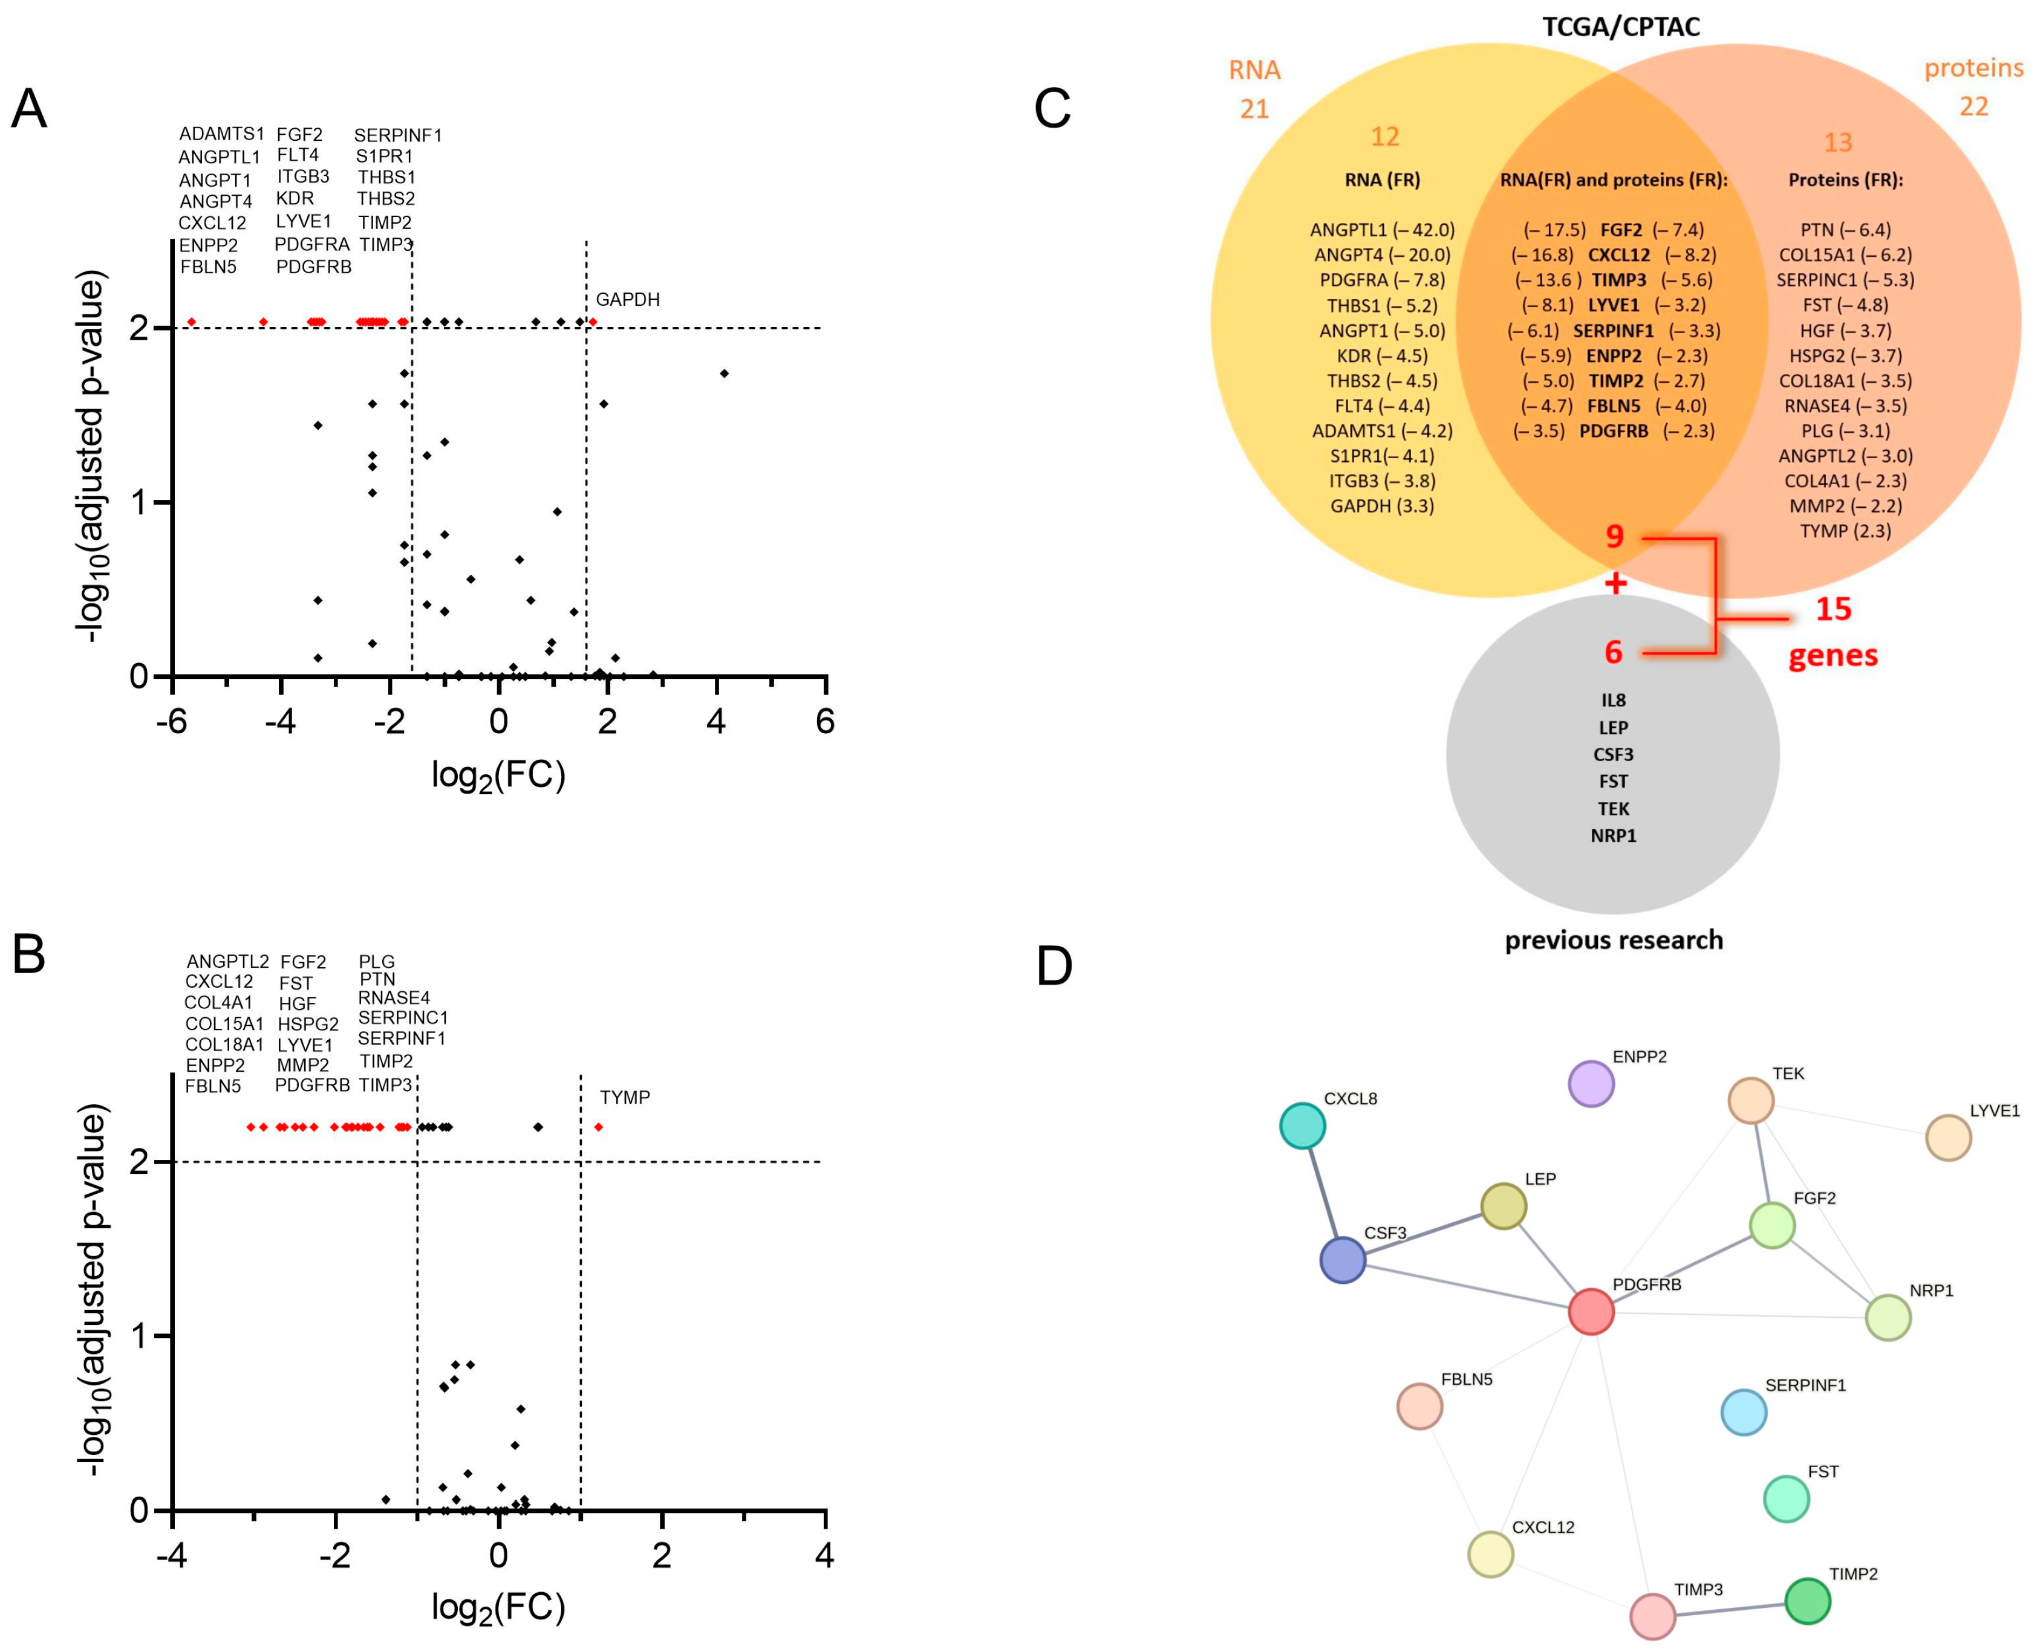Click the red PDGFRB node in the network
click(1590, 1311)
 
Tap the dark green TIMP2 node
click(1807, 1601)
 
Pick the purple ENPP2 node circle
click(1590, 1084)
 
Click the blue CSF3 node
click(1342, 1260)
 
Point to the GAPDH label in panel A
click(627, 300)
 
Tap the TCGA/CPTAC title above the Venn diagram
click(1620, 26)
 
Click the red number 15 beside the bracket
click(1833, 609)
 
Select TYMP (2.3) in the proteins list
click(1845, 531)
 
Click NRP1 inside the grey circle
click(1613, 835)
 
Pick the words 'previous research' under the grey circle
click(1614, 940)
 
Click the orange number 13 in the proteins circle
click(1837, 143)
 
